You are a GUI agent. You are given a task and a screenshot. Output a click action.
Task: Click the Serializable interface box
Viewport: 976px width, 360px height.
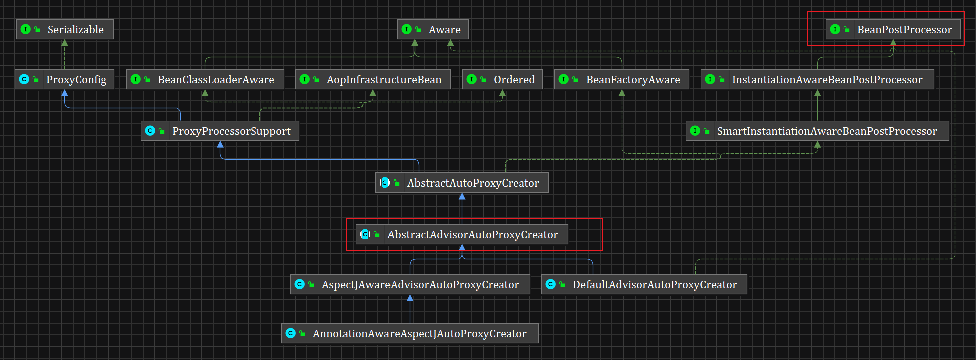click(65, 29)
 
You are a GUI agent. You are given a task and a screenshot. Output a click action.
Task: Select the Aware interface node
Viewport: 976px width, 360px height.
click(433, 29)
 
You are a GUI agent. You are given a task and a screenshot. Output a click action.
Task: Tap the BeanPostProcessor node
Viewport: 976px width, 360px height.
click(893, 29)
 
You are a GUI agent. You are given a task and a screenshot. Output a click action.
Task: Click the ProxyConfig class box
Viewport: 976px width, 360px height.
click(65, 79)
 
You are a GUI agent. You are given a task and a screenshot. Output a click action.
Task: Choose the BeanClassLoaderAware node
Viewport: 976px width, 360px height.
click(205, 79)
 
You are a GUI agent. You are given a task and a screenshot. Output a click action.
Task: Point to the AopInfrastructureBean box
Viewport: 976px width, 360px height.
click(373, 79)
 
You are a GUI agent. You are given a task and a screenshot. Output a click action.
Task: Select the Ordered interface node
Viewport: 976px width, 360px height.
click(502, 79)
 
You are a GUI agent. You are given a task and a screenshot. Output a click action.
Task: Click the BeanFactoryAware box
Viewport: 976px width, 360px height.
click(622, 79)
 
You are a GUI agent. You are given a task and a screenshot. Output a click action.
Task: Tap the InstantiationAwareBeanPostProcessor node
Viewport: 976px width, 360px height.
click(817, 79)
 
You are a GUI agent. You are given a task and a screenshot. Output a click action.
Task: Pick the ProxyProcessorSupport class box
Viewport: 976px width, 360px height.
click(220, 131)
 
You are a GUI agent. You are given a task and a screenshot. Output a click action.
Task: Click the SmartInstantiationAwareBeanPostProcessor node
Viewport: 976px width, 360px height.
click(817, 131)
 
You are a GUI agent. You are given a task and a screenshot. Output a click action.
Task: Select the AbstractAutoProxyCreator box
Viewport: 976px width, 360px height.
click(462, 183)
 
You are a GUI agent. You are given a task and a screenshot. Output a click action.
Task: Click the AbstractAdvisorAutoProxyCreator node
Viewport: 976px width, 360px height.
click(462, 234)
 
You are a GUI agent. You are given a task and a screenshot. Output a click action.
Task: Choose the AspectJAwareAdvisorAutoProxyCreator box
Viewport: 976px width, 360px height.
click(410, 284)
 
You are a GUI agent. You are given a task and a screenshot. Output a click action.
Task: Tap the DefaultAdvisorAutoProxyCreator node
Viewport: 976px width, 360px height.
click(644, 284)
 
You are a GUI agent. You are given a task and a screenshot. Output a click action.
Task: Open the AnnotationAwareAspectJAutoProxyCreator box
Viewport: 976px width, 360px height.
click(410, 333)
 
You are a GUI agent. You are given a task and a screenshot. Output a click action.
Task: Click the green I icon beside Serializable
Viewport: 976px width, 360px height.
click(26, 29)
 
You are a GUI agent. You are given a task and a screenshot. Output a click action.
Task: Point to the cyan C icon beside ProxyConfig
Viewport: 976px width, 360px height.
click(24, 79)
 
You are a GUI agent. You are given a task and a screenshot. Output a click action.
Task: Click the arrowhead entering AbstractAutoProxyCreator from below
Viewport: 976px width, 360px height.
click(462, 197)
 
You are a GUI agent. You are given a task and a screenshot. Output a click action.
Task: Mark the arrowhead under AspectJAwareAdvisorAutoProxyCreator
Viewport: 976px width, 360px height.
click(410, 298)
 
